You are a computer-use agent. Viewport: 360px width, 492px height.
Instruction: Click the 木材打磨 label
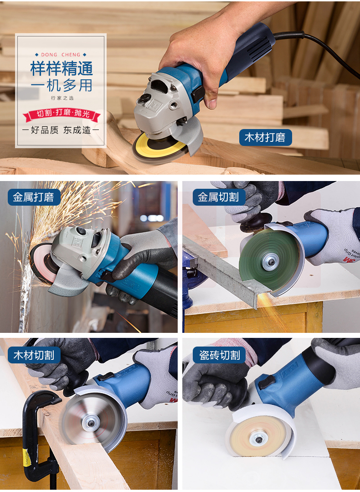coord(265,137)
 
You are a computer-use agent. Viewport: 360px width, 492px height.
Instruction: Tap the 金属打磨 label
coord(34,197)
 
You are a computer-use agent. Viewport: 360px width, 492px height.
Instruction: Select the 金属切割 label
coord(219,197)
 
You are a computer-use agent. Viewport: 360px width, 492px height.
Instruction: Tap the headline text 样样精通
coord(62,68)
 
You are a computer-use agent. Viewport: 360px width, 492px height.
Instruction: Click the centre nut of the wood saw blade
coord(91,423)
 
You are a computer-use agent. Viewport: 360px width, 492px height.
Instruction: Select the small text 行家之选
coord(62,98)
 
